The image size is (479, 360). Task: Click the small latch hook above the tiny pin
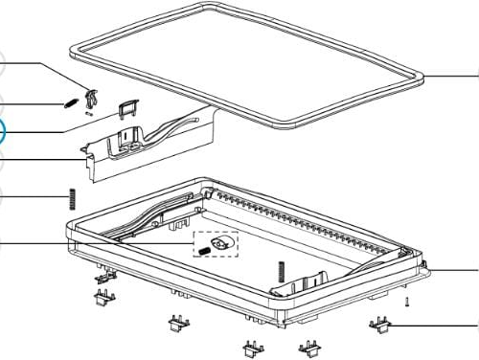(x=92, y=96)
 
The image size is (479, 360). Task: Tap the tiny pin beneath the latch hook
(x=88, y=113)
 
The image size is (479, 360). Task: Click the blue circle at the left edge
(x=2, y=134)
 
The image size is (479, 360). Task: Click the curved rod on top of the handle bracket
(x=172, y=128)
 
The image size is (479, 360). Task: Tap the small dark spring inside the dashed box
(x=204, y=251)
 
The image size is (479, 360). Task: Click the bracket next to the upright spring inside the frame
(x=308, y=284)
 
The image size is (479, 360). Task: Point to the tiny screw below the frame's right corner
(x=408, y=303)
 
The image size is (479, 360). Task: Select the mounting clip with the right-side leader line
(x=380, y=328)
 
